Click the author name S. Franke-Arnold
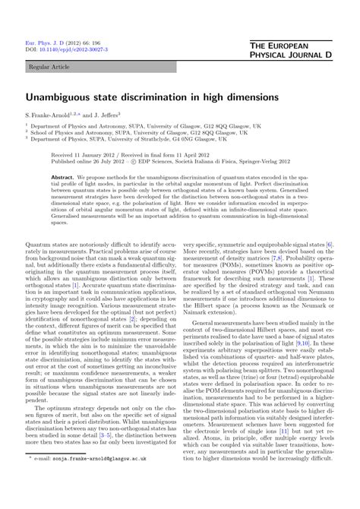pyautogui.click(x=54, y=114)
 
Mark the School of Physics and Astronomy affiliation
pyautogui.click(x=114, y=131)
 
